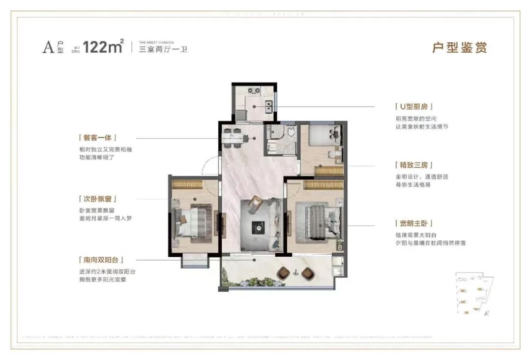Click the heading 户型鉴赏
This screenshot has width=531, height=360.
[x=459, y=48]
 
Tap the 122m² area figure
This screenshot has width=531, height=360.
[x=103, y=47]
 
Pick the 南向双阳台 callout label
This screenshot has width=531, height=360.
[x=100, y=260]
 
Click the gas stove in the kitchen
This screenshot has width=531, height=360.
[x=254, y=90]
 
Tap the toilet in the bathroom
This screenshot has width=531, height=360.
[x=291, y=131]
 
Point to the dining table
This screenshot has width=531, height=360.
[x=235, y=138]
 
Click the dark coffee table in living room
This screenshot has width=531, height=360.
[x=258, y=227]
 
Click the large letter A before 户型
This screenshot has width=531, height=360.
[x=48, y=48]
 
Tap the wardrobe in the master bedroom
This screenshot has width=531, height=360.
[x=323, y=185]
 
